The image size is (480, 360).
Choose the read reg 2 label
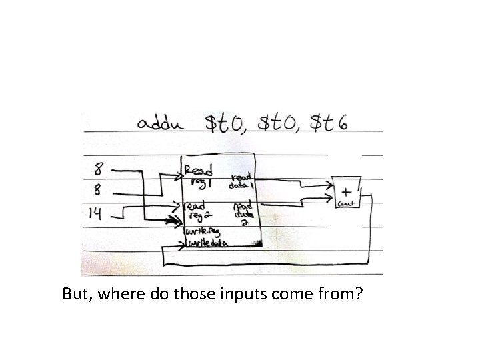(199, 207)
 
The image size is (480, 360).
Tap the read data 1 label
(241, 181)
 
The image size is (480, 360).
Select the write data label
(207, 244)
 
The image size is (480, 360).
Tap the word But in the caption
(76, 294)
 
